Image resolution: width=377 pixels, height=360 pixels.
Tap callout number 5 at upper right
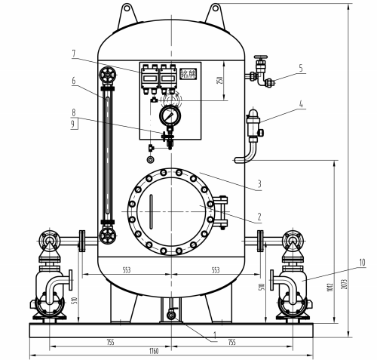tap(300, 68)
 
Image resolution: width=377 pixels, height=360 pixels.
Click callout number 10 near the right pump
tap(363, 263)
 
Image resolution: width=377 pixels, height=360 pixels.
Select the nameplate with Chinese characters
tap(188, 74)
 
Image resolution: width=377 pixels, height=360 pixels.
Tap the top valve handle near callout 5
tap(261, 59)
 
